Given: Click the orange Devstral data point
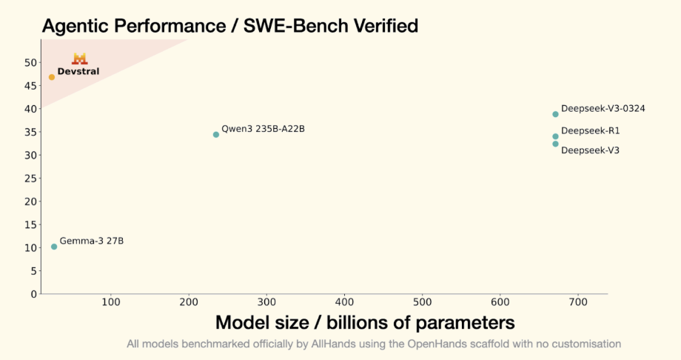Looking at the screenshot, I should click(x=52, y=77).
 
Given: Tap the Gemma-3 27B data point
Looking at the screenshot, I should click(x=54, y=247).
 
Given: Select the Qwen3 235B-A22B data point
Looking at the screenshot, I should click(x=216, y=135).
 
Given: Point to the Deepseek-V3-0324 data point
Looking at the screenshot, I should click(x=555, y=114).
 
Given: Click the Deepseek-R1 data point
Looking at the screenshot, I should click(x=555, y=136).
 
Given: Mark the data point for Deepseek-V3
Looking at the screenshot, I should click(x=555, y=144).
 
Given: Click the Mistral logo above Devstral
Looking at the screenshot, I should click(x=79, y=59).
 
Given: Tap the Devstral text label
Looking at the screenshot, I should click(x=78, y=72).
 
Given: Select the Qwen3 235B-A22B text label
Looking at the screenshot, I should click(x=263, y=129).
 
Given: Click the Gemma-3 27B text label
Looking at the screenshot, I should click(x=92, y=241).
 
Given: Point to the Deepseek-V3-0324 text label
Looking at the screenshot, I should click(x=603, y=108).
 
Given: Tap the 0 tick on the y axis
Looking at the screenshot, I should click(x=33, y=294).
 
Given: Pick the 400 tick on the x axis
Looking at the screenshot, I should click(x=345, y=302).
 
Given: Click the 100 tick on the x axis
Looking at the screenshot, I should click(x=111, y=302).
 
